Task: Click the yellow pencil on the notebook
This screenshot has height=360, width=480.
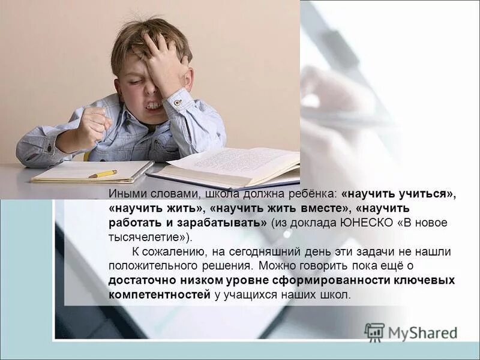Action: pos(103,174)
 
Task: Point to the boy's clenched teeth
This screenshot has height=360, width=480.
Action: pos(154,106)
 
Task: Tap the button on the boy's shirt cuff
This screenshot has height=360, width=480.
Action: pos(178,103)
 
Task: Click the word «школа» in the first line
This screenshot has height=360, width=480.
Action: pos(221,194)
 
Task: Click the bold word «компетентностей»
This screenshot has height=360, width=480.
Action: pos(160,295)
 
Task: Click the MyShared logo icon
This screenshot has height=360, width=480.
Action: pos(374,332)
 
